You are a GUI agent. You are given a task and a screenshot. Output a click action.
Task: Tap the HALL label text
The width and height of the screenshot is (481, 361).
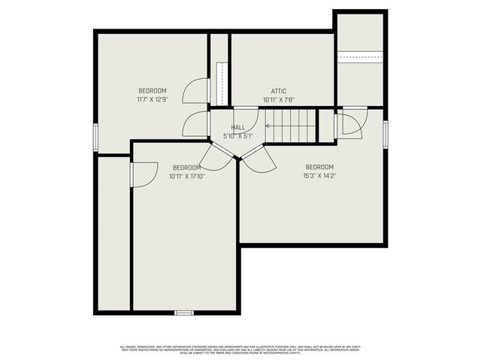click(237, 128)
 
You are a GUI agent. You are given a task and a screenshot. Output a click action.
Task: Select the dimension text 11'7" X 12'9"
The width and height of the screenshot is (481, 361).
click(152, 99)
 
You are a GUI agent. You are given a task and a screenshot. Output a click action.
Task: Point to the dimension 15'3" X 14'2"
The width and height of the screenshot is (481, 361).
click(319, 176)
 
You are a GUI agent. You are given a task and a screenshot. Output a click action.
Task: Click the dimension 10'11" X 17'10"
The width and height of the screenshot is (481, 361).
click(186, 176)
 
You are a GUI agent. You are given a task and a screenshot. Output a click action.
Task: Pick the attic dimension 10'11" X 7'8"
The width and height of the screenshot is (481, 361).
click(278, 99)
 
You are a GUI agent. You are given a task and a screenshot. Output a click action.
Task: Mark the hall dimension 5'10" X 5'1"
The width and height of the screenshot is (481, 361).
click(237, 136)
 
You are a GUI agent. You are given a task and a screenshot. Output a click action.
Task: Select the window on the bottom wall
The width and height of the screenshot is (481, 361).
click(183, 312)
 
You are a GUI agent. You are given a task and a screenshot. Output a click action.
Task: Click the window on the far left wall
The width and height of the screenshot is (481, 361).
click(95, 137)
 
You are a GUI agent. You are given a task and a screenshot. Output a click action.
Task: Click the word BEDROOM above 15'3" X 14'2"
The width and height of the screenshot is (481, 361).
click(319, 167)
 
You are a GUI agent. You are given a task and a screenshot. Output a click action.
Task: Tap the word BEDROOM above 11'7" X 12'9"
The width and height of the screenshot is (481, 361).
click(152, 91)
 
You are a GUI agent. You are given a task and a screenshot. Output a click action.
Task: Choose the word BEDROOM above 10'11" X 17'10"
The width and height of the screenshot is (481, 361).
click(186, 167)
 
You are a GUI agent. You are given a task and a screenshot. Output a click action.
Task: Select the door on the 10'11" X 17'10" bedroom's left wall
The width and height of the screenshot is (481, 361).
click(142, 174)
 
